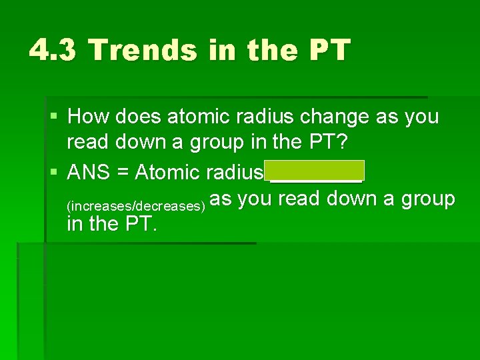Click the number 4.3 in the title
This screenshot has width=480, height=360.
click(x=53, y=49)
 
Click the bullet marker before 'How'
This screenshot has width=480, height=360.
click(x=53, y=117)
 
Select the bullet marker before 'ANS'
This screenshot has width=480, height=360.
click(x=53, y=173)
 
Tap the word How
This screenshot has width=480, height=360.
click(x=89, y=117)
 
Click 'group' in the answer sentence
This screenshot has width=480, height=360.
click(x=427, y=199)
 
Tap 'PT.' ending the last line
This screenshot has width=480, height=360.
click(x=141, y=224)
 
